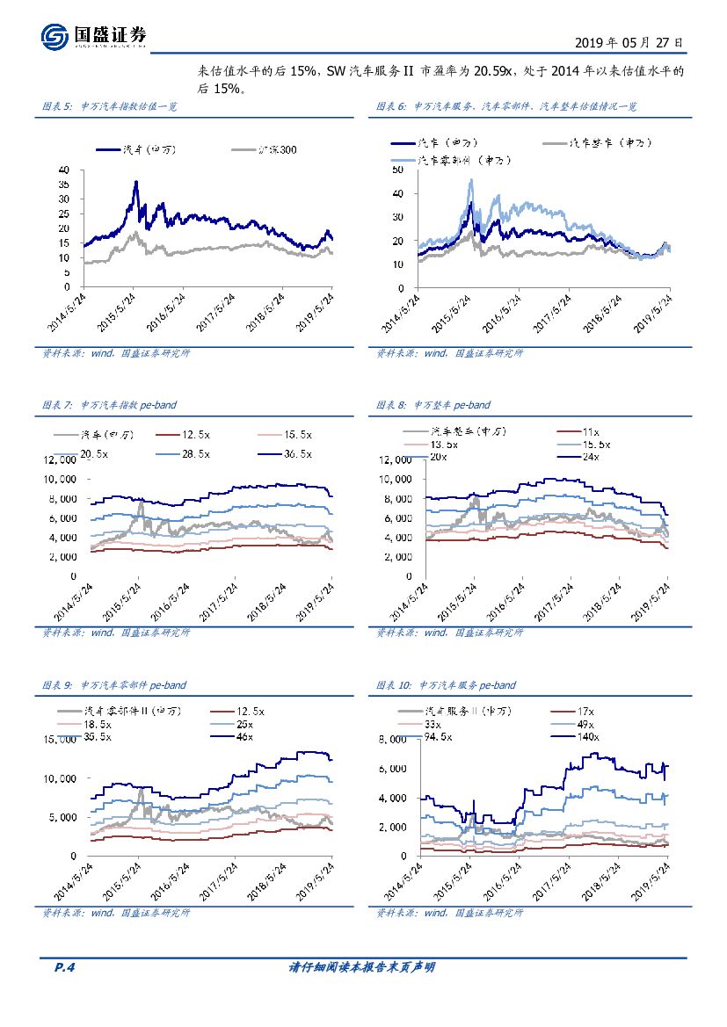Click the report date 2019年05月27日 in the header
coord(629,42)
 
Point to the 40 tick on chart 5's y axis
coord(64,169)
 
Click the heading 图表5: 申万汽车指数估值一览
coord(110,106)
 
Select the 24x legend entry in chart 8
coord(589,457)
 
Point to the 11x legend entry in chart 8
coord(589,431)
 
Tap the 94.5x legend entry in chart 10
coord(437,736)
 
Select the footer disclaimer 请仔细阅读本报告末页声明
coord(362,967)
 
